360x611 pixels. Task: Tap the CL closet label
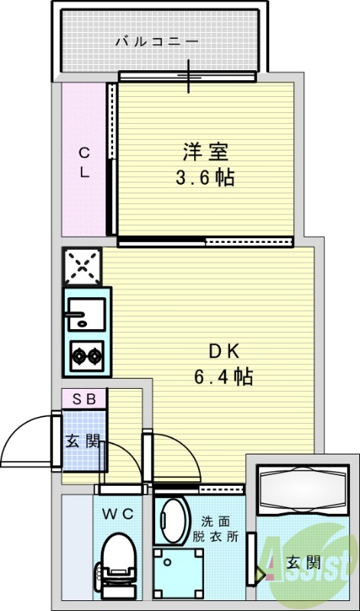click(x=85, y=162)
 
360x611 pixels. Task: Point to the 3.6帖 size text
click(x=204, y=179)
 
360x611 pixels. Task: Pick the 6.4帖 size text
click(x=224, y=376)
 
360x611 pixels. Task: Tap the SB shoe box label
click(x=84, y=398)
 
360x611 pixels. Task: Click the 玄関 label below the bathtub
click(x=303, y=564)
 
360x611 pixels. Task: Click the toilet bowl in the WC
click(x=118, y=551)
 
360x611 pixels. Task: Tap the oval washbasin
click(x=172, y=519)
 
